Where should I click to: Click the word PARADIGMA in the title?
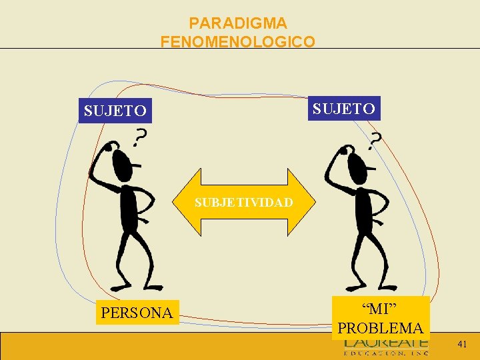coord(238,23)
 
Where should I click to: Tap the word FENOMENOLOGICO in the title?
coord(238,41)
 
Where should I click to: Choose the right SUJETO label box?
coord(344,107)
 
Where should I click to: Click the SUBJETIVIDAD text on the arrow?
coord(244,202)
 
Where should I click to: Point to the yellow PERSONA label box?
coord(137,312)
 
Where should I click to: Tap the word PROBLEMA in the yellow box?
coord(380,328)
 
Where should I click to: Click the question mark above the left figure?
coord(140,138)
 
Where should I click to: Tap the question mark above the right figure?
coord(376,140)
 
